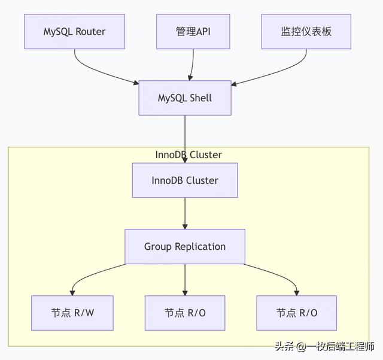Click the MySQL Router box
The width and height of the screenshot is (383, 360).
click(x=75, y=31)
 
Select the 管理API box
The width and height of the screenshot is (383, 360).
click(x=193, y=31)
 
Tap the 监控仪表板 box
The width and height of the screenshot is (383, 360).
click(x=306, y=31)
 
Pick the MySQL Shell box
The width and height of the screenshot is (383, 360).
click(x=184, y=98)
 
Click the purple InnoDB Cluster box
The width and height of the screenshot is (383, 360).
click(x=184, y=180)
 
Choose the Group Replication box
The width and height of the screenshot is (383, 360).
click(x=184, y=246)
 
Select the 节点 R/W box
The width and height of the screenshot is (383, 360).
click(x=72, y=313)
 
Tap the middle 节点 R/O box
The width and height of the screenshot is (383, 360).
click(x=186, y=313)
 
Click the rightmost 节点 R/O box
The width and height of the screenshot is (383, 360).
click(x=297, y=313)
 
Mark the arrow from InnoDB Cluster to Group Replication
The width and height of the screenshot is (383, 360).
click(x=184, y=213)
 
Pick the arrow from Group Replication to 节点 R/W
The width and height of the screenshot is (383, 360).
click(x=90, y=273)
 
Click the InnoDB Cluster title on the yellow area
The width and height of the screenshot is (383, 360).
click(x=188, y=155)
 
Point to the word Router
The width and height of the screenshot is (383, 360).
click(x=91, y=31)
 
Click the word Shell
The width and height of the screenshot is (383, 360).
click(x=200, y=98)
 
